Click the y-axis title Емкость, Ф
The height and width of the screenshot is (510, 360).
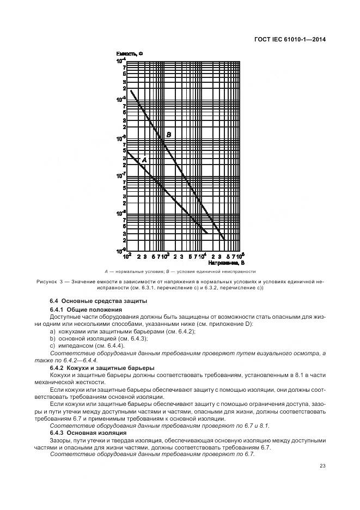(x=129, y=53)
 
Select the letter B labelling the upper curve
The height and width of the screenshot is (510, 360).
(x=169, y=134)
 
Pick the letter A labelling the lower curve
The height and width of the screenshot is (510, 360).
(x=144, y=160)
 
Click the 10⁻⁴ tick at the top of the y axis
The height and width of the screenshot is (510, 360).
(x=120, y=61)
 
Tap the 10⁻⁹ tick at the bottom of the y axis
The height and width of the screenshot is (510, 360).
(x=120, y=251)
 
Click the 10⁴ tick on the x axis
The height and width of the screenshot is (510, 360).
(x=203, y=256)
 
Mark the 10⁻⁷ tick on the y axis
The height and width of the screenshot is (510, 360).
(x=120, y=175)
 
